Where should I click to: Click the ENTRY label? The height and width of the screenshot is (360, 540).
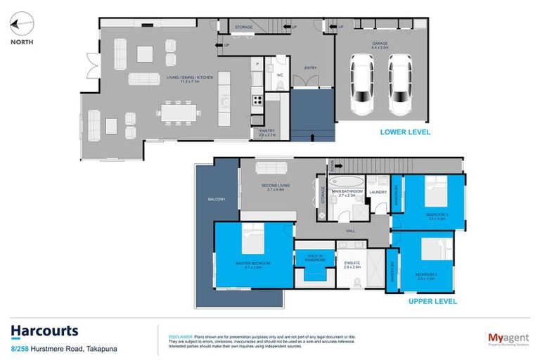[310, 68]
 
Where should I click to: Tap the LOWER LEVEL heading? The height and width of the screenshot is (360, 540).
[404, 131]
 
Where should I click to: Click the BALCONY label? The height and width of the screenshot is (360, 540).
[216, 200]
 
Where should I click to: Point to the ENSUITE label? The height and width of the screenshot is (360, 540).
[352, 264]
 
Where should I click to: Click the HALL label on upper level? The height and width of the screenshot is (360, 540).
[349, 230]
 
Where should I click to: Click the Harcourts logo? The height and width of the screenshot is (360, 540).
[44, 330]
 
